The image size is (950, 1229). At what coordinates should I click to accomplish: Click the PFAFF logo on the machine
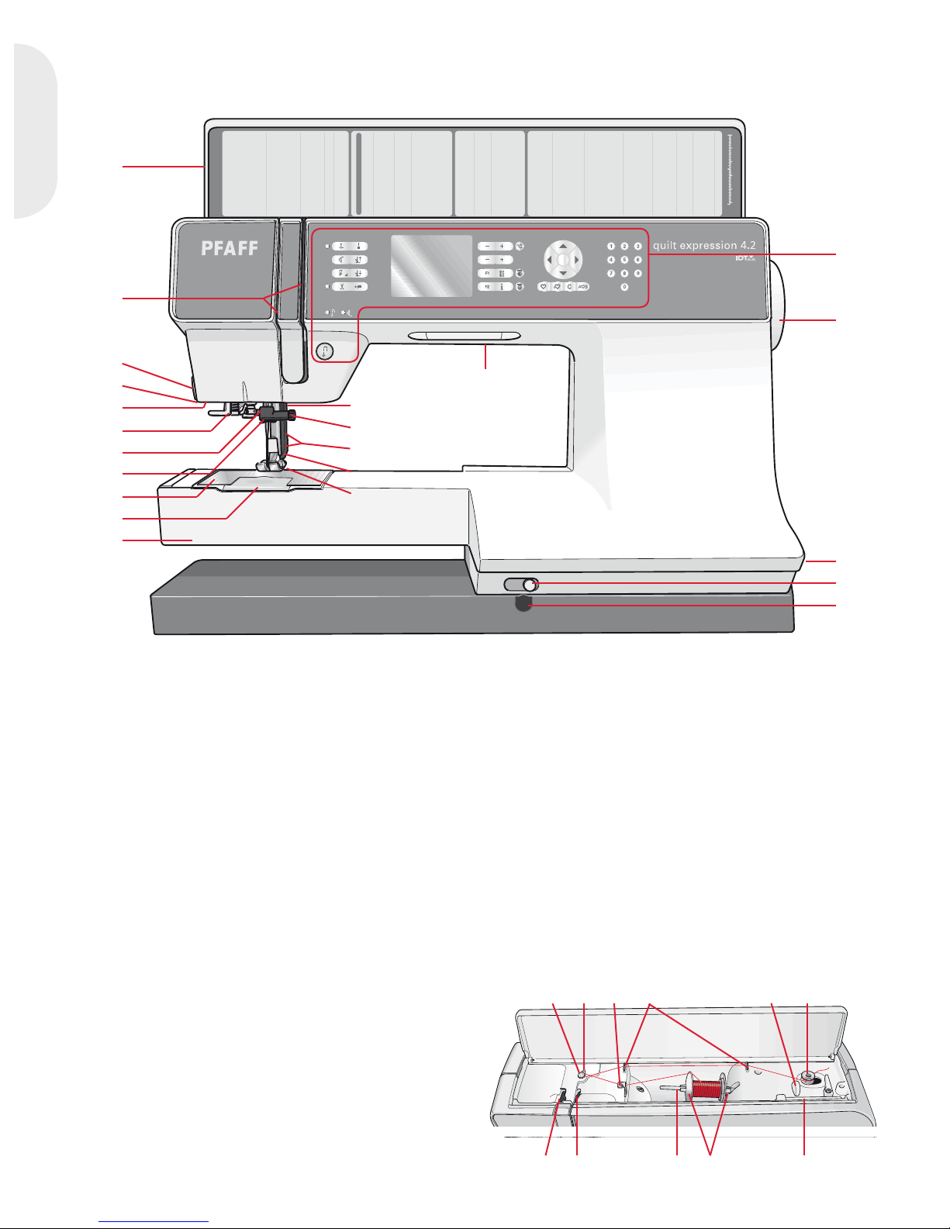coord(230,248)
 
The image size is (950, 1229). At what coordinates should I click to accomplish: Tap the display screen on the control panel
coord(431,266)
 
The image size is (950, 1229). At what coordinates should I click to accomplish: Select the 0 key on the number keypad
coord(624,287)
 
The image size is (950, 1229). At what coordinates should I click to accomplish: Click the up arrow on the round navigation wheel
coord(562,246)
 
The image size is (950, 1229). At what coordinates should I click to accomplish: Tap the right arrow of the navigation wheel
coord(577,260)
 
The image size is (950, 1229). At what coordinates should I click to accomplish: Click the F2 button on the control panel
coord(487,287)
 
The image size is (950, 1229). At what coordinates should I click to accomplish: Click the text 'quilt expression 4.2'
coord(703,245)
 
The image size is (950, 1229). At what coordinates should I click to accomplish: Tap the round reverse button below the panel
coord(325,350)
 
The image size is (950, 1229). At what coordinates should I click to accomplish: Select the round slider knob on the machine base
coord(529,584)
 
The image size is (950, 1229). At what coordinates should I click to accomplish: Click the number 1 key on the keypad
coord(611,247)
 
